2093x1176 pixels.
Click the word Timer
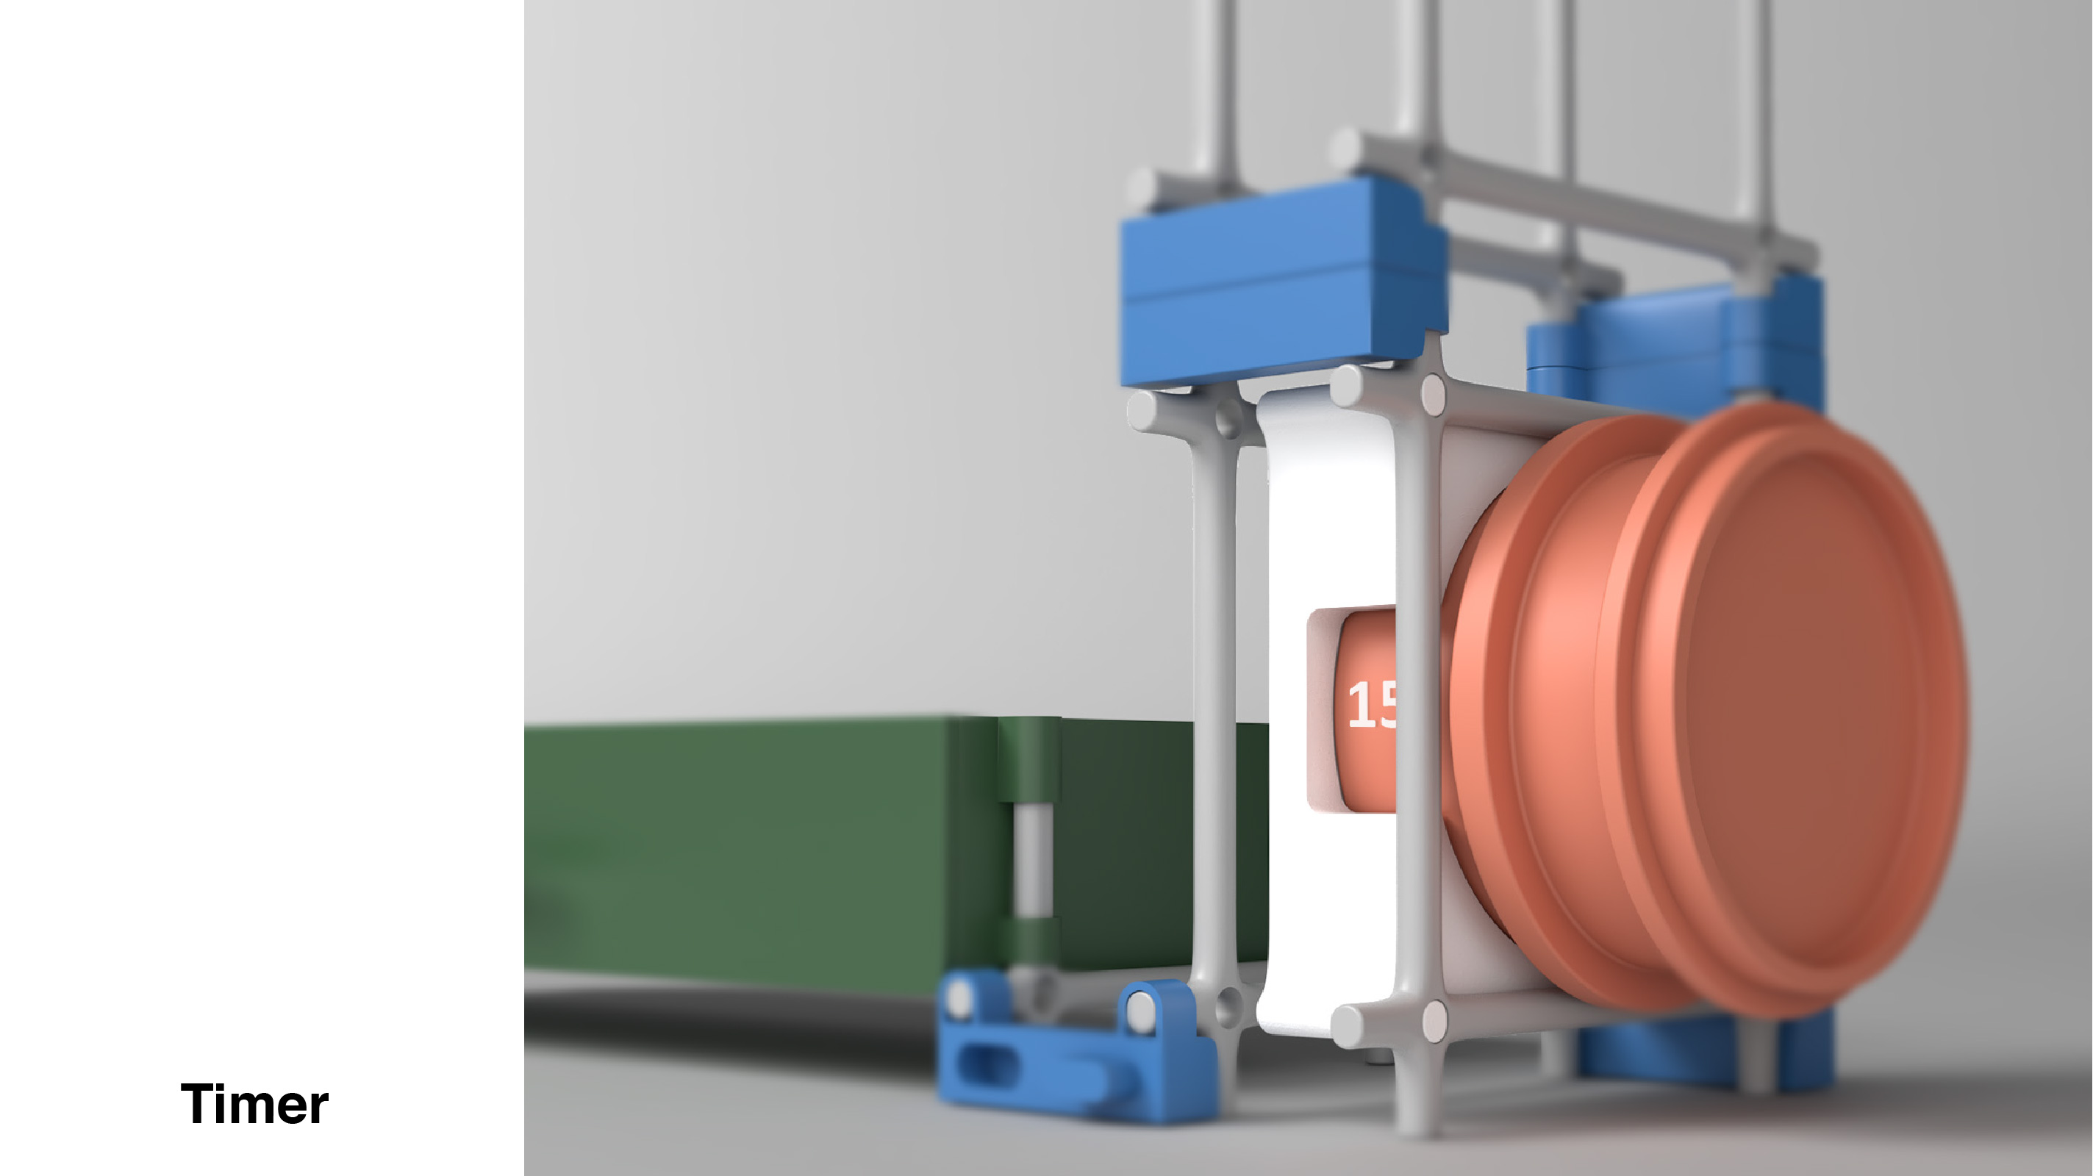pyautogui.click(x=254, y=1104)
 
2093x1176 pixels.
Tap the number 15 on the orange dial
pyautogui.click(x=1372, y=704)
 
